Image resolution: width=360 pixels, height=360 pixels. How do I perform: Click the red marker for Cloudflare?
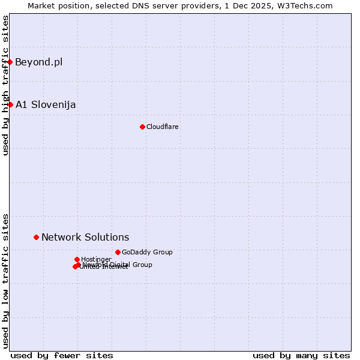[142, 127]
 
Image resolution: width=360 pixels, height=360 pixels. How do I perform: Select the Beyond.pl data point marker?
[10, 62]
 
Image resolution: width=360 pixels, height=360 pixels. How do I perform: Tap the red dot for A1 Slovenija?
[10, 104]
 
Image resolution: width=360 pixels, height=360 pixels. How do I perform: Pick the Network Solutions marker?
[36, 237]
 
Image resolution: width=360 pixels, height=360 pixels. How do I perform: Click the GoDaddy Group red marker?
[118, 252]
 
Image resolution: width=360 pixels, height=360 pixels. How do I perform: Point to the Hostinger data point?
[77, 259]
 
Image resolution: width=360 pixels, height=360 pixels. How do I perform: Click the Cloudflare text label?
[162, 127]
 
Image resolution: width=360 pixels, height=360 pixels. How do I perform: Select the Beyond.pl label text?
[38, 62]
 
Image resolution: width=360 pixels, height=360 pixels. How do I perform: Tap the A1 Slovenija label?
[46, 104]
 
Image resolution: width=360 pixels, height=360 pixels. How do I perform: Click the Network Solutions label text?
[85, 237]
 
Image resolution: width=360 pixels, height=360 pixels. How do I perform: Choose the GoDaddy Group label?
[147, 252]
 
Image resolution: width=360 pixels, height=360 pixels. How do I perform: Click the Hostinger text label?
[96, 259]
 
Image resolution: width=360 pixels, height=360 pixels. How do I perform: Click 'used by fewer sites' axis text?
[62, 355]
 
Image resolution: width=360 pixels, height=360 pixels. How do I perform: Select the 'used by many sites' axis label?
[301, 355]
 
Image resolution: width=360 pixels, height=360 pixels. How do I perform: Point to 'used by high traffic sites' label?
[6, 85]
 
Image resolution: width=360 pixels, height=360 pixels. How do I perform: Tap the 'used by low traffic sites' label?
[6, 280]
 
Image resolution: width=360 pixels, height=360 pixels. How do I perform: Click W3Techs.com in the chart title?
[305, 5]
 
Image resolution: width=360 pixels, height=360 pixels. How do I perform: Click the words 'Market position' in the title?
[55, 5]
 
